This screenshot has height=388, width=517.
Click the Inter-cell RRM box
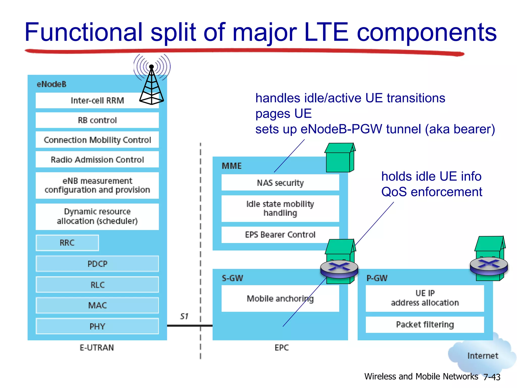pos(97,101)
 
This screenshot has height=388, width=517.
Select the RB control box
pos(97,120)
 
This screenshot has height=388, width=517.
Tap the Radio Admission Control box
pos(97,160)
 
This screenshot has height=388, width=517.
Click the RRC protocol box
pos(67,243)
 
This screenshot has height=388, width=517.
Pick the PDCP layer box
pos(97,264)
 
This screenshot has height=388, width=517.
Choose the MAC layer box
pos(97,305)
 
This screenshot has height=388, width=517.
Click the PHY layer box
pos(97,326)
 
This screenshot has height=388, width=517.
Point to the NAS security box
pos(280,183)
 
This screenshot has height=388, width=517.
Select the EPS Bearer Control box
pos(280,235)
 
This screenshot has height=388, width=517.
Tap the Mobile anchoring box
pos(280,299)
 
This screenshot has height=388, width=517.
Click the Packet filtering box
pos(425,325)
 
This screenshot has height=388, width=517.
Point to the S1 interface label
pos(184,316)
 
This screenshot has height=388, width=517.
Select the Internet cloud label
pos(483,356)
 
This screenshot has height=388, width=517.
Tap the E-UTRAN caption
pos(97,348)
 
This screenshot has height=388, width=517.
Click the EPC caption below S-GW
pos(281,348)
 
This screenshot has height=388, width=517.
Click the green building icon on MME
pos(340,158)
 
